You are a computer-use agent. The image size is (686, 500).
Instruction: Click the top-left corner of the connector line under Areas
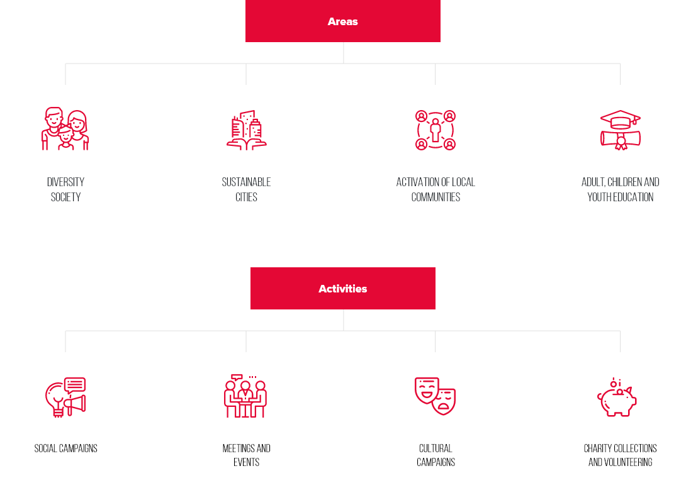(x=65, y=64)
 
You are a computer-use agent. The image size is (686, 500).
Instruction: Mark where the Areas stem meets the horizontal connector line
(x=344, y=64)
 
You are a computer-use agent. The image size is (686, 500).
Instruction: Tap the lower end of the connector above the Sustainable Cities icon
(x=246, y=85)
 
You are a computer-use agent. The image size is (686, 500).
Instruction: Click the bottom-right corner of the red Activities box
(x=436, y=309)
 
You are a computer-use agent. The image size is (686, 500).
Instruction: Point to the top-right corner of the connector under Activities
(x=620, y=331)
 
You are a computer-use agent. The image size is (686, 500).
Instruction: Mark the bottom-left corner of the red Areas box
(x=245, y=42)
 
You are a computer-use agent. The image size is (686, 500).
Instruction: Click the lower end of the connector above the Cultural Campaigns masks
(x=435, y=352)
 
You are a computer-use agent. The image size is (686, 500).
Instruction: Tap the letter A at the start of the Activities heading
(x=322, y=289)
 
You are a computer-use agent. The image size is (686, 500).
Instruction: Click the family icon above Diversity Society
(x=65, y=128)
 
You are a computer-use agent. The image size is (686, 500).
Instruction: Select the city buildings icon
(x=246, y=130)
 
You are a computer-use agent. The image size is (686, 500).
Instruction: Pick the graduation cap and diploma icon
(x=621, y=130)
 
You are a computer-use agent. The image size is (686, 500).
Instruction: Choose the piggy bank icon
(x=617, y=397)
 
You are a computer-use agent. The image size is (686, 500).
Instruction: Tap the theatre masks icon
(x=436, y=396)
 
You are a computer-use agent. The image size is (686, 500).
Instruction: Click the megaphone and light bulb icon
(x=65, y=397)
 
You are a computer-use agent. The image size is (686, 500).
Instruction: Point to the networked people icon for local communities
(x=436, y=130)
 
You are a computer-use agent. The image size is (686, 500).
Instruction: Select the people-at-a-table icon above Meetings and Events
(x=246, y=396)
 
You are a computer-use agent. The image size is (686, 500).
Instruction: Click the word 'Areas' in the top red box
(x=343, y=21)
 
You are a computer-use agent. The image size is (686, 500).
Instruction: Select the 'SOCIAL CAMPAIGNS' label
(x=65, y=448)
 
